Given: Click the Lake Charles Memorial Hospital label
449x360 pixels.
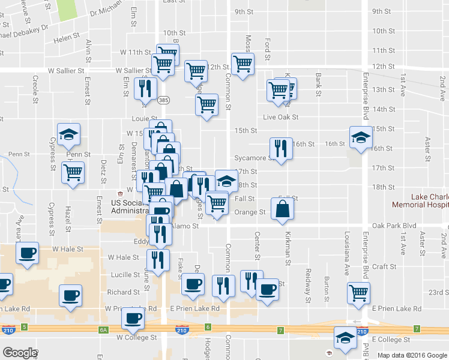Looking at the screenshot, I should click(429, 200).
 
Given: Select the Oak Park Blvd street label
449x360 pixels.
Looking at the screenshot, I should click(394, 226).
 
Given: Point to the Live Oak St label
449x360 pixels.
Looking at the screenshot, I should click(280, 117).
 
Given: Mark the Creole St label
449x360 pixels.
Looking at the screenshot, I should click(36, 86).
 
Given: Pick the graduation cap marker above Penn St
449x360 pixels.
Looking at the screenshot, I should click(69, 134).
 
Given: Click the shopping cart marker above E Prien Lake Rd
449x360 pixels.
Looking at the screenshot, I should click(359, 293).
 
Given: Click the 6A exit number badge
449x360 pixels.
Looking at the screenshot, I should click(103, 329).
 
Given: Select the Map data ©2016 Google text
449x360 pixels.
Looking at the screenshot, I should click(411, 355).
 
